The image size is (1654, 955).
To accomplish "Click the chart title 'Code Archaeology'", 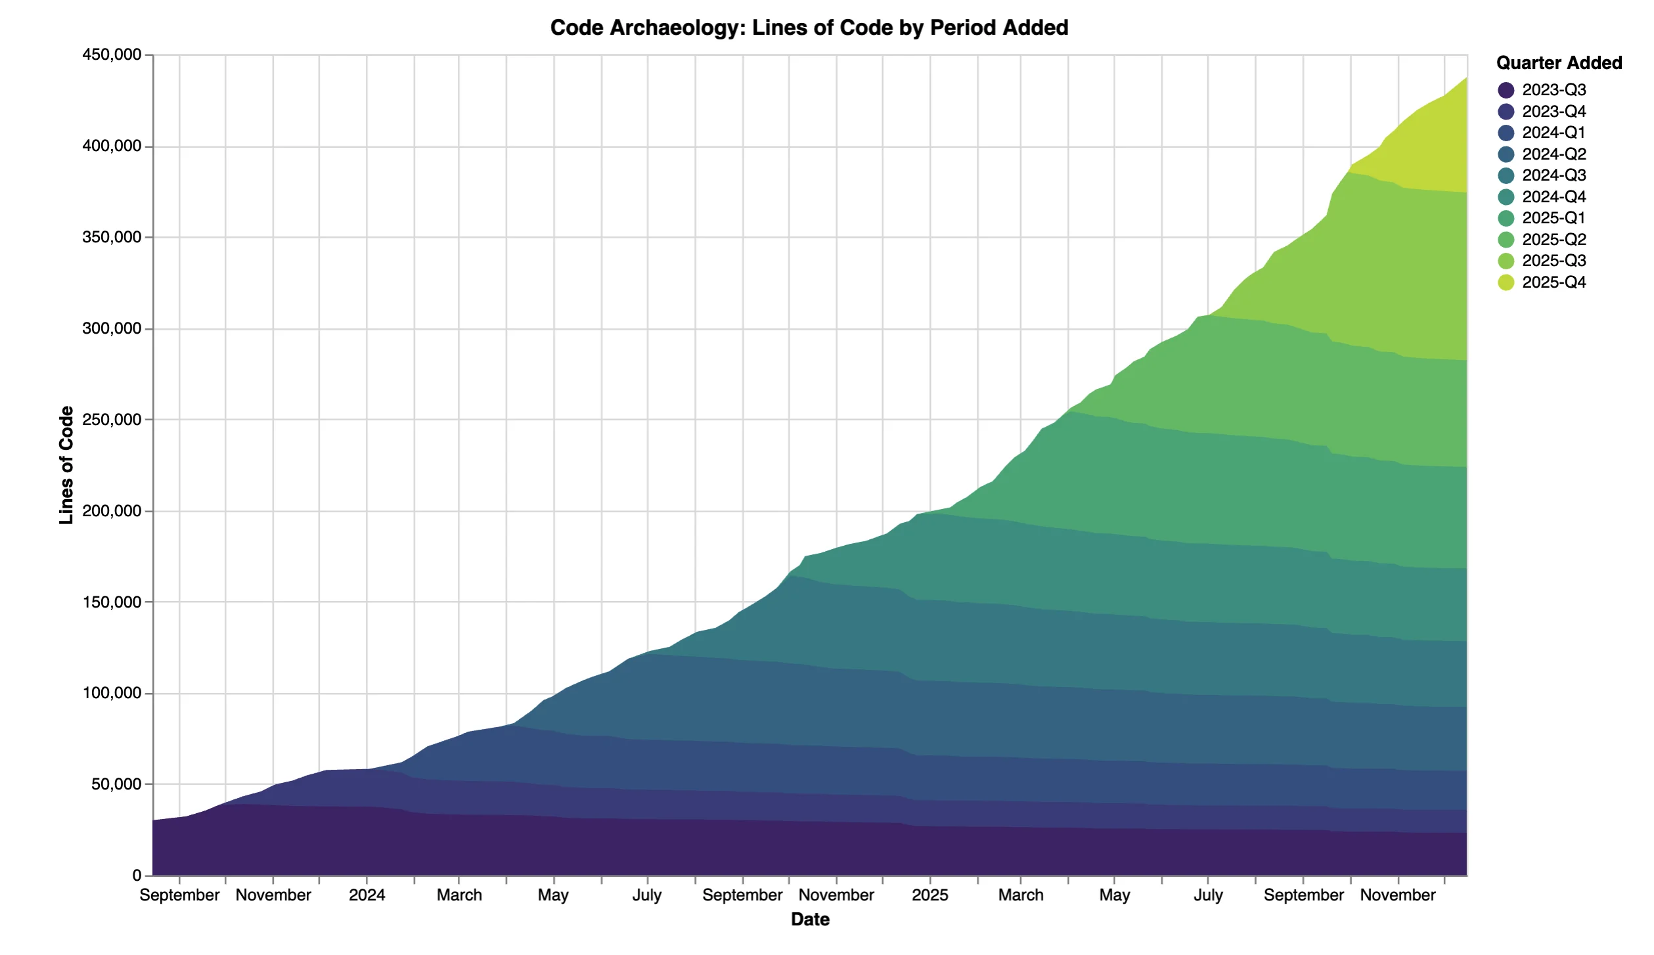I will pos(809,28).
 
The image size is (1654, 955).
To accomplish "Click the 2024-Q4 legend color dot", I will pos(1506,197).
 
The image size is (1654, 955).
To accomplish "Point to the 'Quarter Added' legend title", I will pos(1559,63).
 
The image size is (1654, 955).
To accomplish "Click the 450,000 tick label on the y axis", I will pos(112,55).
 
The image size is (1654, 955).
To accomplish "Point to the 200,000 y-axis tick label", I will pos(112,511).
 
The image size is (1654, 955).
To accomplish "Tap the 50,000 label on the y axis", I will pos(116,784).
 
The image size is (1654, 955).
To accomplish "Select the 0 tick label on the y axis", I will pos(137,876).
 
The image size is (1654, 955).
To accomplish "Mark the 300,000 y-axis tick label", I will pos(112,328).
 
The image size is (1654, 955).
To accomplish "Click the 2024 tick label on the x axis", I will pos(367,895).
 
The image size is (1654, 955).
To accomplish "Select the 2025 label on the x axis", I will pos(929,895).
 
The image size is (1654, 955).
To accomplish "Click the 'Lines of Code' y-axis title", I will pos(66,465).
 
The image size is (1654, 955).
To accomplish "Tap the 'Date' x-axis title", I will pos(810,920).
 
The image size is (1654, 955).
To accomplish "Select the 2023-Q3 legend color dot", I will pos(1506,90).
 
